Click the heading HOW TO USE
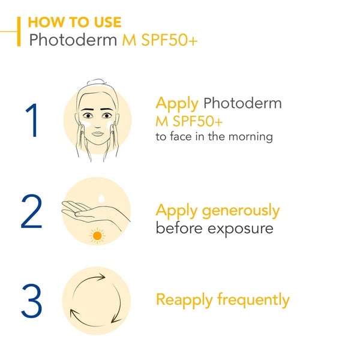[x=74, y=23]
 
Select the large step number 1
[x=32, y=121]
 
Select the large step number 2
[x=32, y=212]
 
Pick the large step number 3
[x=32, y=302]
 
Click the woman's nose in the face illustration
[x=97, y=119]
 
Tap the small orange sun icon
[x=97, y=236]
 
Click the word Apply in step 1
[x=177, y=103]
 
